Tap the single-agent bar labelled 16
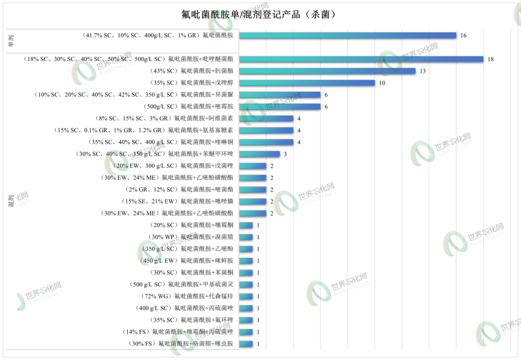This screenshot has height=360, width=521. (x=348, y=35)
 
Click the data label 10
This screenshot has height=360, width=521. (x=382, y=83)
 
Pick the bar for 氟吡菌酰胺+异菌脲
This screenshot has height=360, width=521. (x=280, y=95)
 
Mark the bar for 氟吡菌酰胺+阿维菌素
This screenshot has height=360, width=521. (x=266, y=118)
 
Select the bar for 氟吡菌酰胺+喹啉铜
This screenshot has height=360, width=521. (x=266, y=142)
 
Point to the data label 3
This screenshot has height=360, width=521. (x=286, y=154)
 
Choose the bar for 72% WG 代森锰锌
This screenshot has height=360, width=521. (x=246, y=296)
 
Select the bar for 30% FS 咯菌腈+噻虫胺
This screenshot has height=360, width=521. (x=246, y=344)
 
